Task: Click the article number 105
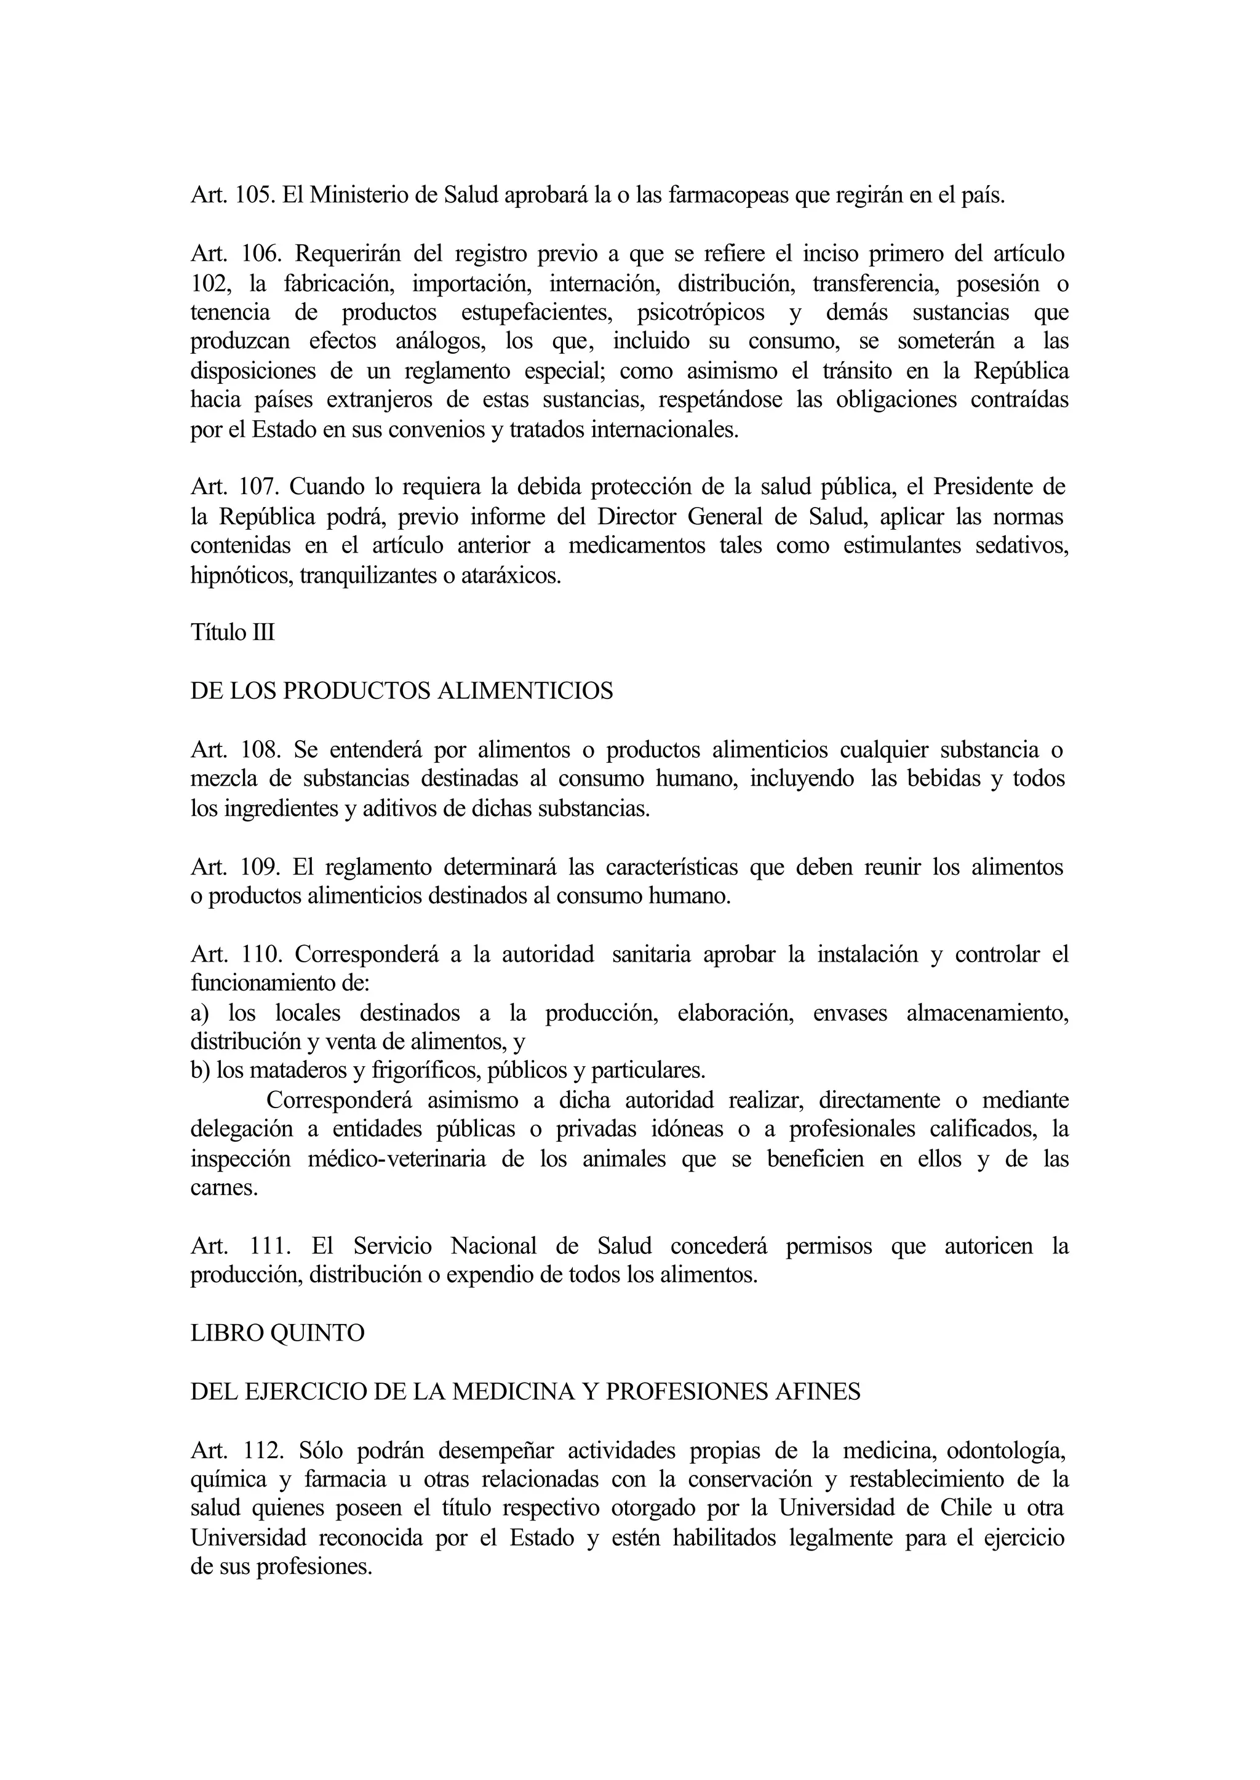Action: coord(253,196)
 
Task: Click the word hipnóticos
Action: coord(238,576)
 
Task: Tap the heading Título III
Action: coord(233,633)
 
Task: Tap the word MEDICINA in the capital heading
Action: coord(513,1392)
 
